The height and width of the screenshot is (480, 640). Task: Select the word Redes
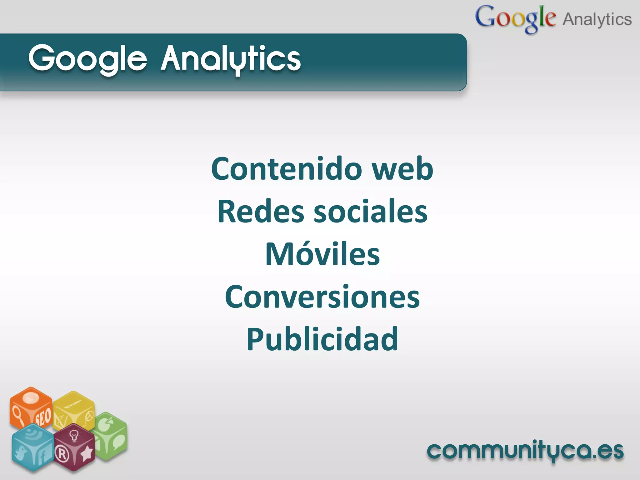[261, 212]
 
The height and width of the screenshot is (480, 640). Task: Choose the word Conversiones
[322, 297]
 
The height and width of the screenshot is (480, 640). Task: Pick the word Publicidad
[322, 339]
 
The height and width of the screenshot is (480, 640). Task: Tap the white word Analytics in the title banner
[231, 59]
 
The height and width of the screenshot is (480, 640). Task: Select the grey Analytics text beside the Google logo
[597, 19]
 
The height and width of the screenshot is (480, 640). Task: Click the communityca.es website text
[525, 451]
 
